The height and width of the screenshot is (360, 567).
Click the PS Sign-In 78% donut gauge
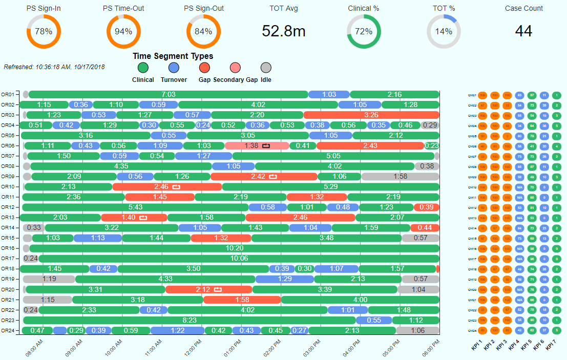(44, 31)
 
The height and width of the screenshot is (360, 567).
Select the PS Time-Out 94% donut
(123, 31)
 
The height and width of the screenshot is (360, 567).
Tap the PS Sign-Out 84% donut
(203, 31)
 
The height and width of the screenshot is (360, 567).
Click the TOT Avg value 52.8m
(283, 31)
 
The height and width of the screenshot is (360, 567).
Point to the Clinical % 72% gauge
(364, 31)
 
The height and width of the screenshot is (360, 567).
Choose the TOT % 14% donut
(444, 31)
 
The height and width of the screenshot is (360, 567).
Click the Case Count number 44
(523, 31)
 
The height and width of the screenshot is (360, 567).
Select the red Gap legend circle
(205, 68)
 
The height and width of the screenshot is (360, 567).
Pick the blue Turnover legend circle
(174, 68)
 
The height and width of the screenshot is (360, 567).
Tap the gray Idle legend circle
(266, 68)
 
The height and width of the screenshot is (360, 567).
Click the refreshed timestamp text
(54, 67)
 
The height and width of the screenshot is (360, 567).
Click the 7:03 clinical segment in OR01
(168, 94)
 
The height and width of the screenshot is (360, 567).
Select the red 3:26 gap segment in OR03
(371, 115)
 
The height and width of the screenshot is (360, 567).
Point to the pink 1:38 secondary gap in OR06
(257, 145)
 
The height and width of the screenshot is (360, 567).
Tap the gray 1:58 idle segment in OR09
(400, 176)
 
